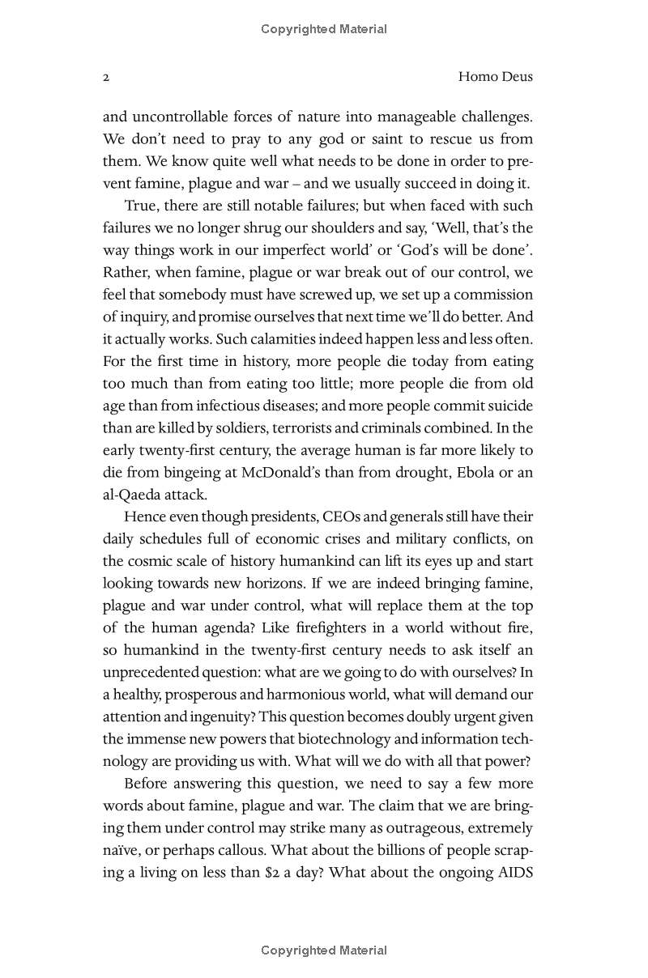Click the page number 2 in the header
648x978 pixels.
click(106, 78)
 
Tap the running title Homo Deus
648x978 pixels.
click(495, 78)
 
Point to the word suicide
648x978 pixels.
click(508, 406)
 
